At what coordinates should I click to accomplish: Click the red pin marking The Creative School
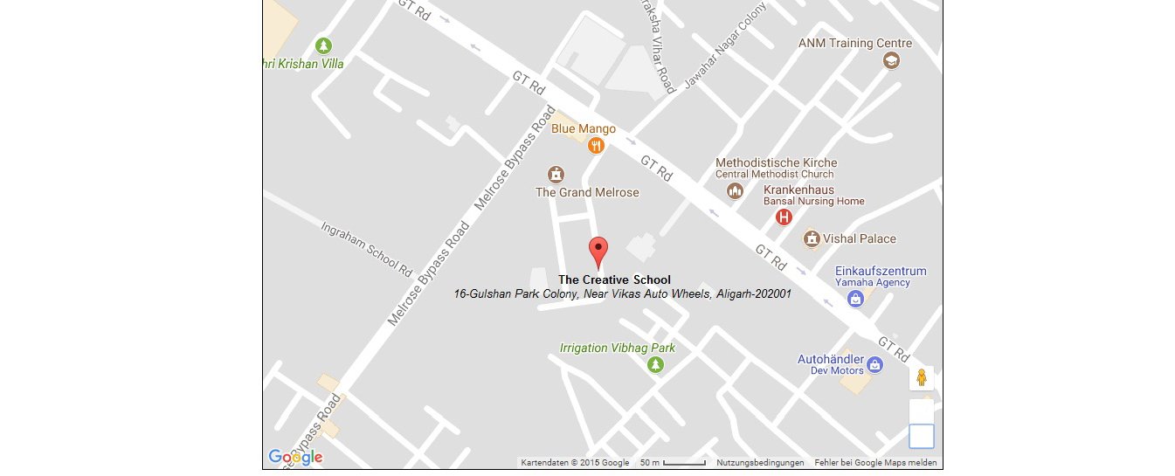click(x=598, y=250)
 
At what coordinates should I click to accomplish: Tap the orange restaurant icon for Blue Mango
click(x=597, y=146)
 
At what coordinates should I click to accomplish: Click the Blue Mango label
click(x=583, y=129)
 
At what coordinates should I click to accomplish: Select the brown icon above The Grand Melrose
click(x=555, y=175)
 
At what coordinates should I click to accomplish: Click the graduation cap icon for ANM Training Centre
click(x=890, y=60)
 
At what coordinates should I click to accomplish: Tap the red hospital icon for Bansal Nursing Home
click(x=784, y=217)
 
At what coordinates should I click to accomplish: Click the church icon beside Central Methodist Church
click(x=735, y=190)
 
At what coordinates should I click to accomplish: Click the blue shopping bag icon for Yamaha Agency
click(x=855, y=299)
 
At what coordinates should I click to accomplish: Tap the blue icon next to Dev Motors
click(x=874, y=365)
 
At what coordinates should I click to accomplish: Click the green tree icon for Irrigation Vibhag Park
click(x=655, y=364)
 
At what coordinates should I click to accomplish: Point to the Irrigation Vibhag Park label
click(x=617, y=348)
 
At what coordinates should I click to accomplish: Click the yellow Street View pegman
click(x=921, y=378)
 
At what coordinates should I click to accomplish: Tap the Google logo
click(x=295, y=457)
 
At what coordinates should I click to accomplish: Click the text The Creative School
click(x=614, y=279)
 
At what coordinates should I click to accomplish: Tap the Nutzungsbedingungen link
click(x=759, y=463)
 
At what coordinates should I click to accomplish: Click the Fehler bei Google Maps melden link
click(x=875, y=463)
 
